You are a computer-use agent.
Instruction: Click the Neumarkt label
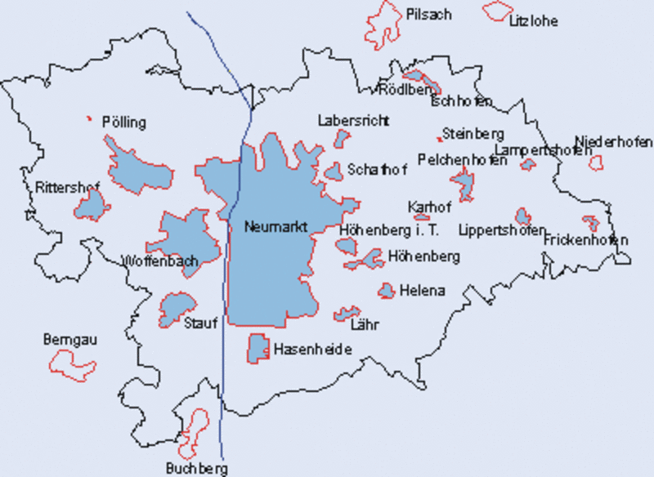click(275, 227)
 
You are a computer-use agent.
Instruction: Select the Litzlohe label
click(533, 21)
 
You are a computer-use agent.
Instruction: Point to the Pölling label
click(123, 123)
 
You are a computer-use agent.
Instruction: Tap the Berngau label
click(69, 339)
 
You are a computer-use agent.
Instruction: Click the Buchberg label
click(196, 468)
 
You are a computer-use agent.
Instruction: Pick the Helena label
click(422, 290)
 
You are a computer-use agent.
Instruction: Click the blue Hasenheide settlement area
click(258, 347)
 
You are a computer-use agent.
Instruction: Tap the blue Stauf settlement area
click(176, 308)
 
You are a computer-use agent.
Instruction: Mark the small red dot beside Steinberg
click(439, 139)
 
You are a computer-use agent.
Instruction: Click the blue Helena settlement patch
click(386, 290)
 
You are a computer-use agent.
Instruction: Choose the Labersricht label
click(353, 120)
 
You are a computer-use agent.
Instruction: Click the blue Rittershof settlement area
click(92, 204)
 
